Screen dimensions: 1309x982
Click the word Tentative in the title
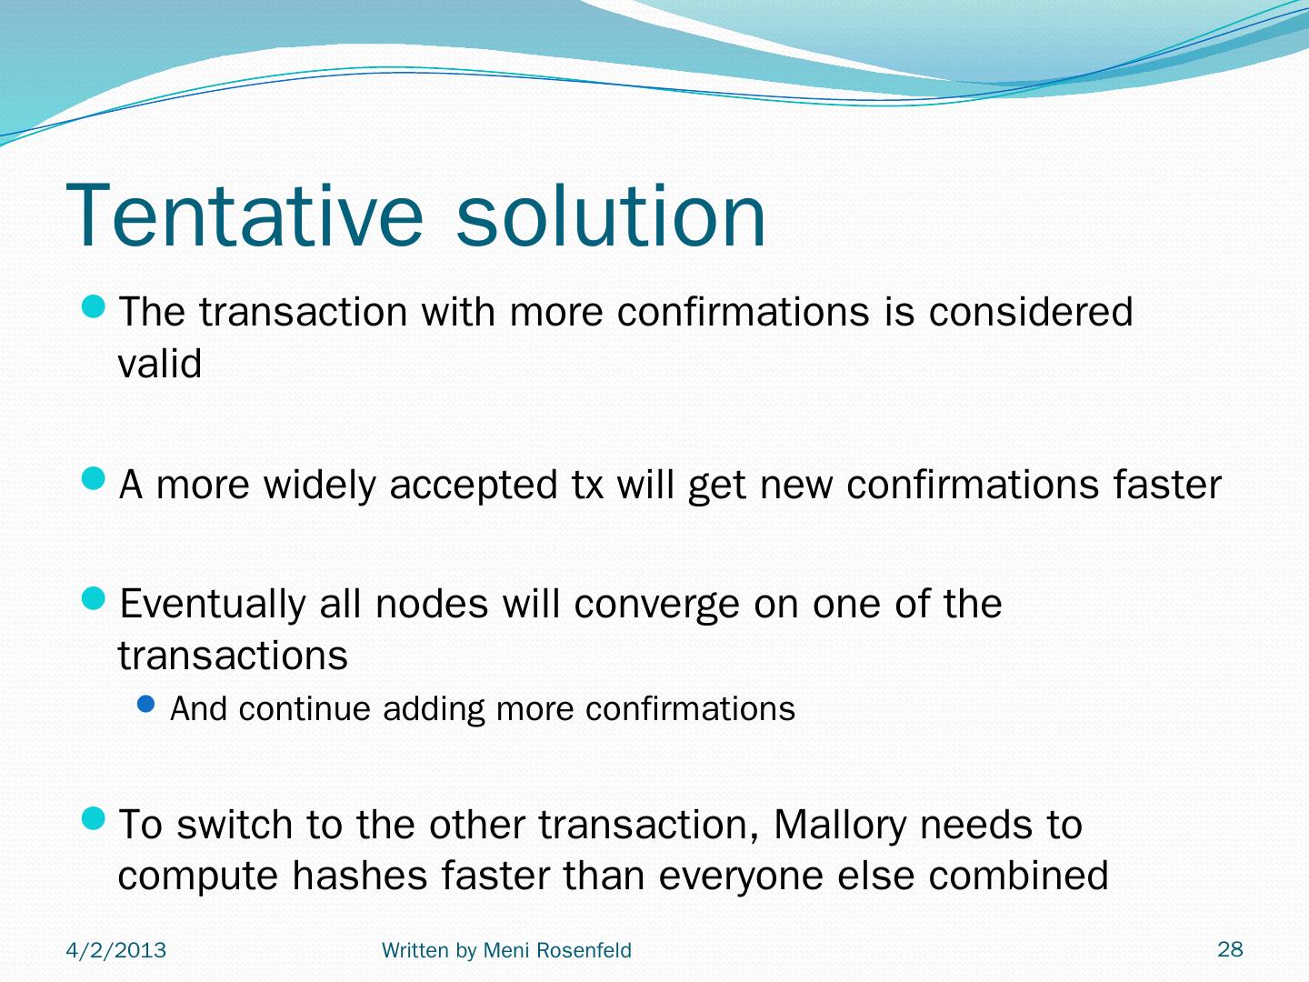tap(245, 215)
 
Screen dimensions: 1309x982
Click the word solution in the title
tap(610, 215)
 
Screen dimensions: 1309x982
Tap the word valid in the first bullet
tap(160, 363)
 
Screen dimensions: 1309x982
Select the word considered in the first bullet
tap(1031, 311)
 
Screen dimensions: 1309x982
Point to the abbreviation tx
tap(587, 485)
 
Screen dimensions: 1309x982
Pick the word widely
tap(320, 486)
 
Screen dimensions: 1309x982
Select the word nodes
tap(432, 604)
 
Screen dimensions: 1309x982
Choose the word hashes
tap(360, 876)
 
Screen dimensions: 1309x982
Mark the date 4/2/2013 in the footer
tap(115, 950)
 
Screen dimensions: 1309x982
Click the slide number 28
tap(1230, 949)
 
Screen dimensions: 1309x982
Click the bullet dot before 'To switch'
tap(93, 818)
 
